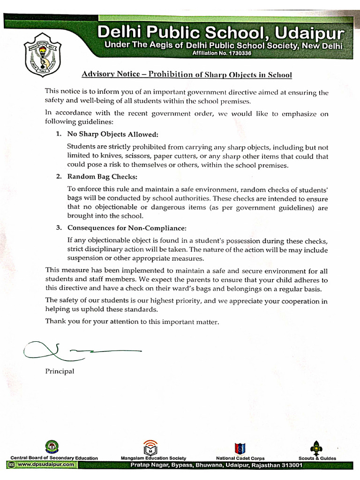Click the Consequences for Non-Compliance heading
(x=127, y=228)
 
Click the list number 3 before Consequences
(x=59, y=228)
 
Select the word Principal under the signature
(x=60, y=371)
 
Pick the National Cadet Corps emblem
(x=240, y=447)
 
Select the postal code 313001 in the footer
(x=291, y=465)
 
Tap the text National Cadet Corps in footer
(x=240, y=458)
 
